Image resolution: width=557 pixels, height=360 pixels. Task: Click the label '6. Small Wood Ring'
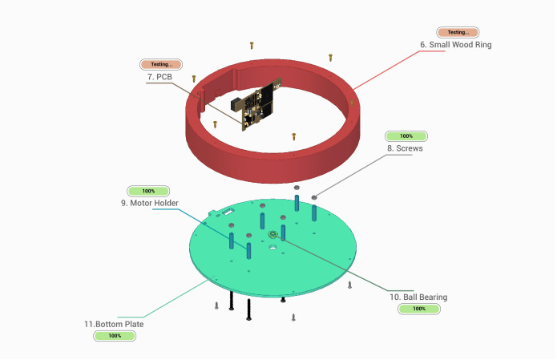456,45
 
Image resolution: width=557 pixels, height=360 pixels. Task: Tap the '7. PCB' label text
159,76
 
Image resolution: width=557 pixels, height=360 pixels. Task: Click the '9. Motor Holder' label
150,203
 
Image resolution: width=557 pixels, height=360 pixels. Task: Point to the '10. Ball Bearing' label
418,297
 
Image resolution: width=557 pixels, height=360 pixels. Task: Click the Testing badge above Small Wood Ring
458,33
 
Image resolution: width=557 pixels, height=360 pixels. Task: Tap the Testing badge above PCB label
161,64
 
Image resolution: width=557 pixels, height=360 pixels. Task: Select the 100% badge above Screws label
406,136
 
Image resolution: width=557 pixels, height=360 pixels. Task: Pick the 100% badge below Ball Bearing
419,309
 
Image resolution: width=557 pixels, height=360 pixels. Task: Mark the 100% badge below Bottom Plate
115,336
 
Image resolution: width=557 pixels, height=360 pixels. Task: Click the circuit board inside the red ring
260,104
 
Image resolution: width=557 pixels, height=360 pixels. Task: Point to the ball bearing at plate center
273,236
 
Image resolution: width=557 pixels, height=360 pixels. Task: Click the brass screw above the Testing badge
252,47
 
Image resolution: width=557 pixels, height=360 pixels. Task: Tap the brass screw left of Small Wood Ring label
331,57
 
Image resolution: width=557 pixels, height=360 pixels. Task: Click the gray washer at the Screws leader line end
314,196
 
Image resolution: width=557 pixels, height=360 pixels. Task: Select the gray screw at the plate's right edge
349,284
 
